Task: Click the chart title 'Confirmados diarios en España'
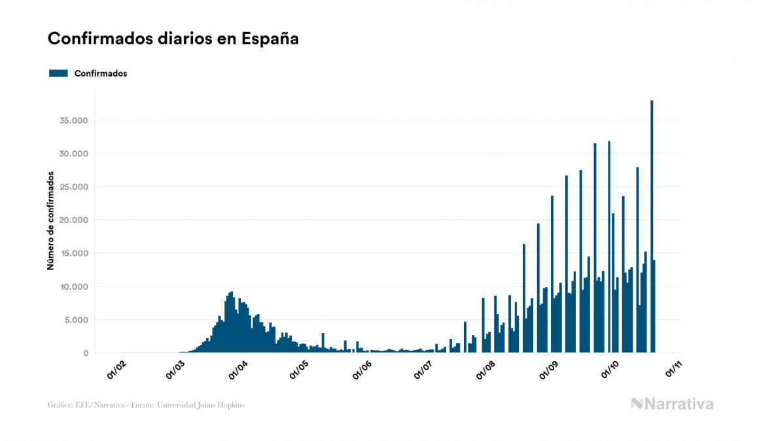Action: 173,39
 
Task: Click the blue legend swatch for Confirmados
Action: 59,73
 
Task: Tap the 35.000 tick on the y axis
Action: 74,120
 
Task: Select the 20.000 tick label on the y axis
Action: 74,220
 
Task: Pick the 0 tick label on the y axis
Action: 86,353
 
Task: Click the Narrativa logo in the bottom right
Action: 672,404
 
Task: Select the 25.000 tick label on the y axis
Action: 74,187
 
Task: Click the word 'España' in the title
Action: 270,39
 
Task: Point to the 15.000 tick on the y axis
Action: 74,253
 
